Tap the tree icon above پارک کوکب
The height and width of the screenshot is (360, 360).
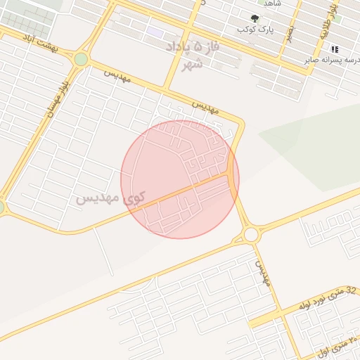pyautogui.click(x=255, y=18)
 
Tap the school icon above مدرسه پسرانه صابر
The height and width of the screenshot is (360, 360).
pyautogui.click(x=335, y=49)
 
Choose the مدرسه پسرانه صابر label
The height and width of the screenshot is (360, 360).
pyautogui.click(x=333, y=60)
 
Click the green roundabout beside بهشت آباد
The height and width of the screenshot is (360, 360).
pyautogui.click(x=81, y=59)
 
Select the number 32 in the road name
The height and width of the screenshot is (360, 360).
pyautogui.click(x=352, y=289)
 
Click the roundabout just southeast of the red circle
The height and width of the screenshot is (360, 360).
pyautogui.click(x=251, y=234)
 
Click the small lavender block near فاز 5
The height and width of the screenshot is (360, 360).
pyautogui.click(x=155, y=33)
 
